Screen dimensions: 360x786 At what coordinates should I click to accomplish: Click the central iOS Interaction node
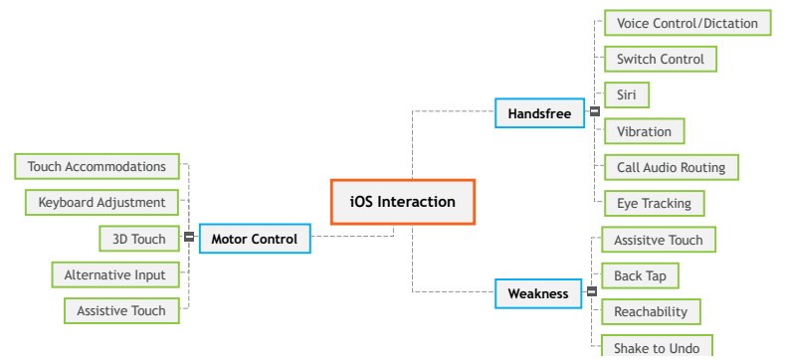click(x=402, y=202)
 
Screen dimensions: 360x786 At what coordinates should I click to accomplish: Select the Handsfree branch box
click(x=539, y=113)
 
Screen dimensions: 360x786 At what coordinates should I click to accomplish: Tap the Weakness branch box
click(x=538, y=293)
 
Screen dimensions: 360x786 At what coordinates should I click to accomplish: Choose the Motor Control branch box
click(x=255, y=238)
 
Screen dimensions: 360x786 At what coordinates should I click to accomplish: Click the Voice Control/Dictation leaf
click(x=687, y=23)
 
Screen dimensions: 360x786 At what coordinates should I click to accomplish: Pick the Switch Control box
click(x=660, y=59)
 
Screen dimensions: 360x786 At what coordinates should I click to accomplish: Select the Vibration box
click(x=644, y=130)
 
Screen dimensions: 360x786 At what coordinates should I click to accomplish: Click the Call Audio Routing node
click(x=671, y=166)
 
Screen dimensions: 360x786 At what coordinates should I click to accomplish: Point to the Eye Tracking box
click(x=654, y=202)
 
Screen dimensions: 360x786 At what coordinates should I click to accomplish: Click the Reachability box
click(x=651, y=311)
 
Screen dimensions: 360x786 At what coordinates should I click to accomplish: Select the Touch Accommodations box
click(x=97, y=166)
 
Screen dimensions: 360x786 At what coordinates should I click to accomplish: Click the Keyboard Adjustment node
click(x=101, y=202)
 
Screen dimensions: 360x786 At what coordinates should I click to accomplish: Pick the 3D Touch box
click(x=138, y=238)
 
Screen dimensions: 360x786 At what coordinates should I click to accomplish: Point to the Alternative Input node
click(x=114, y=273)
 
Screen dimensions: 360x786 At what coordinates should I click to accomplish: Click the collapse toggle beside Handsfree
click(x=594, y=112)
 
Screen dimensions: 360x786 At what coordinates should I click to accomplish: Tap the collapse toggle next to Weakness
click(x=591, y=293)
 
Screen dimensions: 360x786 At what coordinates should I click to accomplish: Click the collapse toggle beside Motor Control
click(x=189, y=238)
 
